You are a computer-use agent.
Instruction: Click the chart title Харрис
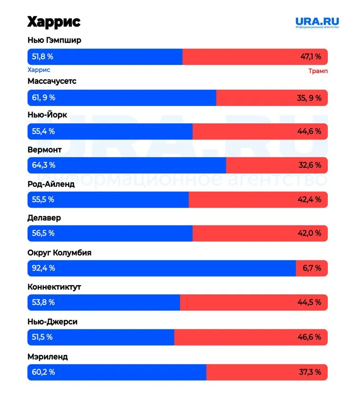(54, 22)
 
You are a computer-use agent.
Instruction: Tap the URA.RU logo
(317, 22)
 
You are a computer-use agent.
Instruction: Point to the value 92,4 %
(44, 268)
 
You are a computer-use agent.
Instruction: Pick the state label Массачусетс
(52, 81)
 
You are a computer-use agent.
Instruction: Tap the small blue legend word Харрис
(39, 70)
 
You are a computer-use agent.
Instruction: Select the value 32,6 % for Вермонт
(310, 165)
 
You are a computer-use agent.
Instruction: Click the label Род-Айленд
(51, 184)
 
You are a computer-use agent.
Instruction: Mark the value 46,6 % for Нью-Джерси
(310, 337)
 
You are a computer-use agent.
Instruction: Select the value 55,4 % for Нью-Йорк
(43, 131)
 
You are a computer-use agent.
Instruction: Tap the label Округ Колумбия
(60, 253)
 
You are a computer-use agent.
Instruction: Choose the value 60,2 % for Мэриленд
(43, 372)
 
